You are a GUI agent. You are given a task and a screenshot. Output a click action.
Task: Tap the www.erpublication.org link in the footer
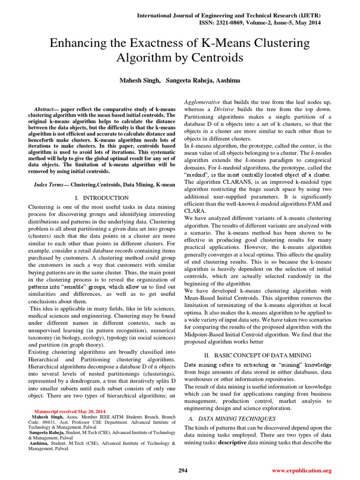(301, 470)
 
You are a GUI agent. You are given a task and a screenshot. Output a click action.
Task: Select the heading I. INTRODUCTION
(102, 198)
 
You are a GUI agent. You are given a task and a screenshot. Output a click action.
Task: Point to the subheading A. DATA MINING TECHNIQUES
(232, 419)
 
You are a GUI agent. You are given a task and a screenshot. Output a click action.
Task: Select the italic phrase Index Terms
(48, 185)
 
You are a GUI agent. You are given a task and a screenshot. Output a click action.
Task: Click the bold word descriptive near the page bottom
(230, 442)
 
